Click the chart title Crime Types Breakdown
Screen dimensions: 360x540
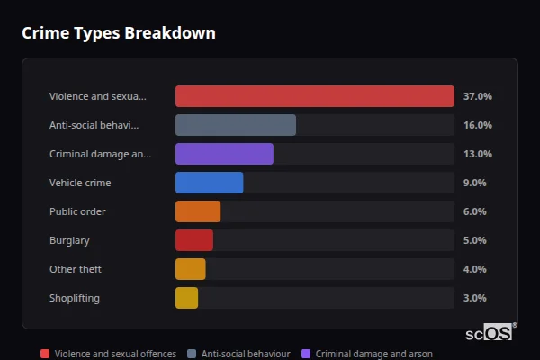pos(118,33)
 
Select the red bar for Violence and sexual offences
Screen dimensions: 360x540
pos(314,96)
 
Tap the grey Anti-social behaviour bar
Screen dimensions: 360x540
pos(235,125)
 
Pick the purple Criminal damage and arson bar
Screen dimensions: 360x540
pos(224,154)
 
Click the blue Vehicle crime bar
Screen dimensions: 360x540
pos(209,183)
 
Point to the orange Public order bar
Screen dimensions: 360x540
pos(197,211)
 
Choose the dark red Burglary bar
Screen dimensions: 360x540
pos(193,240)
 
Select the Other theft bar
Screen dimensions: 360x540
pos(190,269)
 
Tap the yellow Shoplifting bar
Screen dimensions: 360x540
pos(186,298)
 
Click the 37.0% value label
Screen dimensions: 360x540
pos(477,96)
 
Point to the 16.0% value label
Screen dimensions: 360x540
pos(477,125)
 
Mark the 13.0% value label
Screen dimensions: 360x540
pos(477,154)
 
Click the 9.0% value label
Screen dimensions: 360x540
pos(474,183)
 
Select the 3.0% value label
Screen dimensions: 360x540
pos(474,298)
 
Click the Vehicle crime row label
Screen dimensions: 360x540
pos(80,183)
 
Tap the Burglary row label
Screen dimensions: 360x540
pos(69,240)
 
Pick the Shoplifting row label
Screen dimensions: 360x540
pos(75,298)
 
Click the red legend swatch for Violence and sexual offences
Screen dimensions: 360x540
pos(45,354)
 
